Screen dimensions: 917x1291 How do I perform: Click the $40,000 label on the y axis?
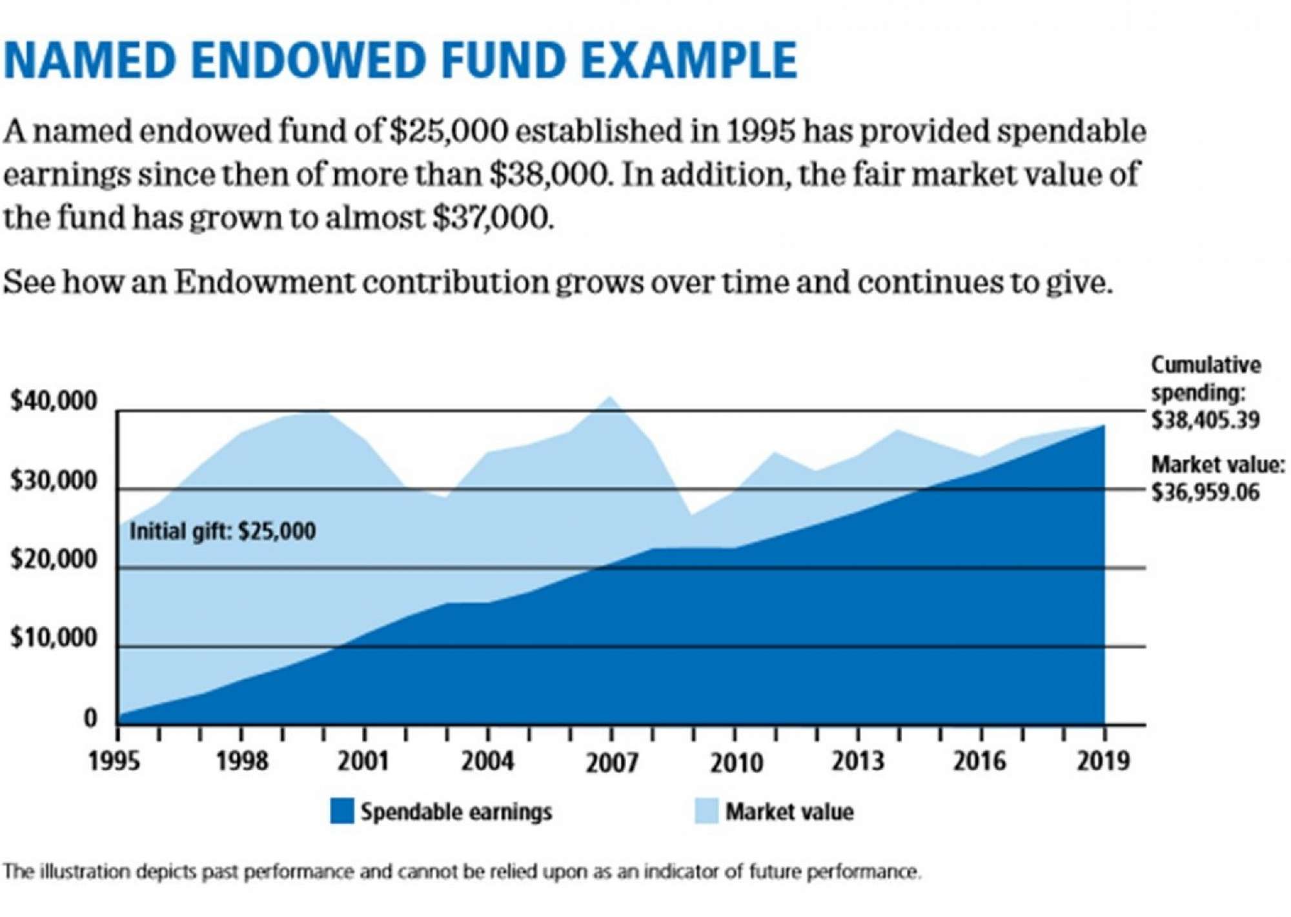pos(54,401)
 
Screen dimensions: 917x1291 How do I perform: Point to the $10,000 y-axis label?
pos(54,638)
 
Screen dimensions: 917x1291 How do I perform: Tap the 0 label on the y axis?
pos(90,718)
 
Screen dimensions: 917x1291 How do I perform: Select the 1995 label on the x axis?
pos(114,761)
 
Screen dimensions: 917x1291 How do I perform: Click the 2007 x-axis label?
pos(611,763)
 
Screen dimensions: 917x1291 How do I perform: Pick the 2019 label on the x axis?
pos(1103,761)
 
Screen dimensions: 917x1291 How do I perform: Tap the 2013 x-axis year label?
pos(857,761)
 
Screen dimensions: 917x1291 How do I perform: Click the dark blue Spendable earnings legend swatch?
pos(341,811)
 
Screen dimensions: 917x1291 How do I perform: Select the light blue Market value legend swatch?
pos(706,811)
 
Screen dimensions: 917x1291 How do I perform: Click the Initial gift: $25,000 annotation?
pos(223,532)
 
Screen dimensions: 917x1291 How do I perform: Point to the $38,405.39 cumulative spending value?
pos(1205,421)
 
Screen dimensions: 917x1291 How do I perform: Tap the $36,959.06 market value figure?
pos(1205,493)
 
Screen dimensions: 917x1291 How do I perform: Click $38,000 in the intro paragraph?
pos(549,174)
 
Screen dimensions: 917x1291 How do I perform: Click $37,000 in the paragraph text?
pos(492,217)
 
